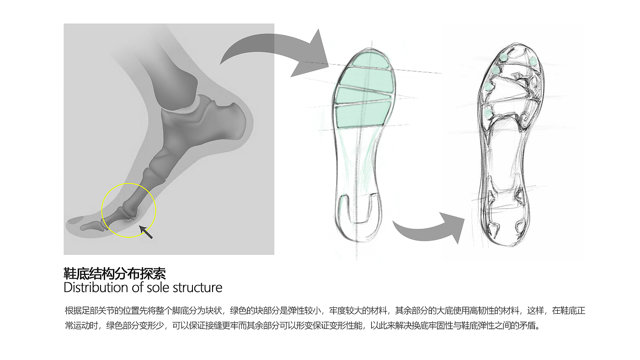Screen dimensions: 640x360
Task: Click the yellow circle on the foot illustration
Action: pos(129,210)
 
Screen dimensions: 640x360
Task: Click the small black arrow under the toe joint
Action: pos(146,231)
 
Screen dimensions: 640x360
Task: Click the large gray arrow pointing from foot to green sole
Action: pos(274,53)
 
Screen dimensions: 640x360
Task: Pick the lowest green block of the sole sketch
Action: pos(363,114)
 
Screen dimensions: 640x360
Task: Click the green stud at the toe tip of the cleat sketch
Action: pos(503,57)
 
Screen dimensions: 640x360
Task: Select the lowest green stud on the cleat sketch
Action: pos(488,112)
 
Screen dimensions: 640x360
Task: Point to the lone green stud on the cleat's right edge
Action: pos(533,61)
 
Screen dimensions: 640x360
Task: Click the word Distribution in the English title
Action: pos(96,287)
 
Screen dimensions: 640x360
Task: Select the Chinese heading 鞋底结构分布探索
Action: pos(115,274)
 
